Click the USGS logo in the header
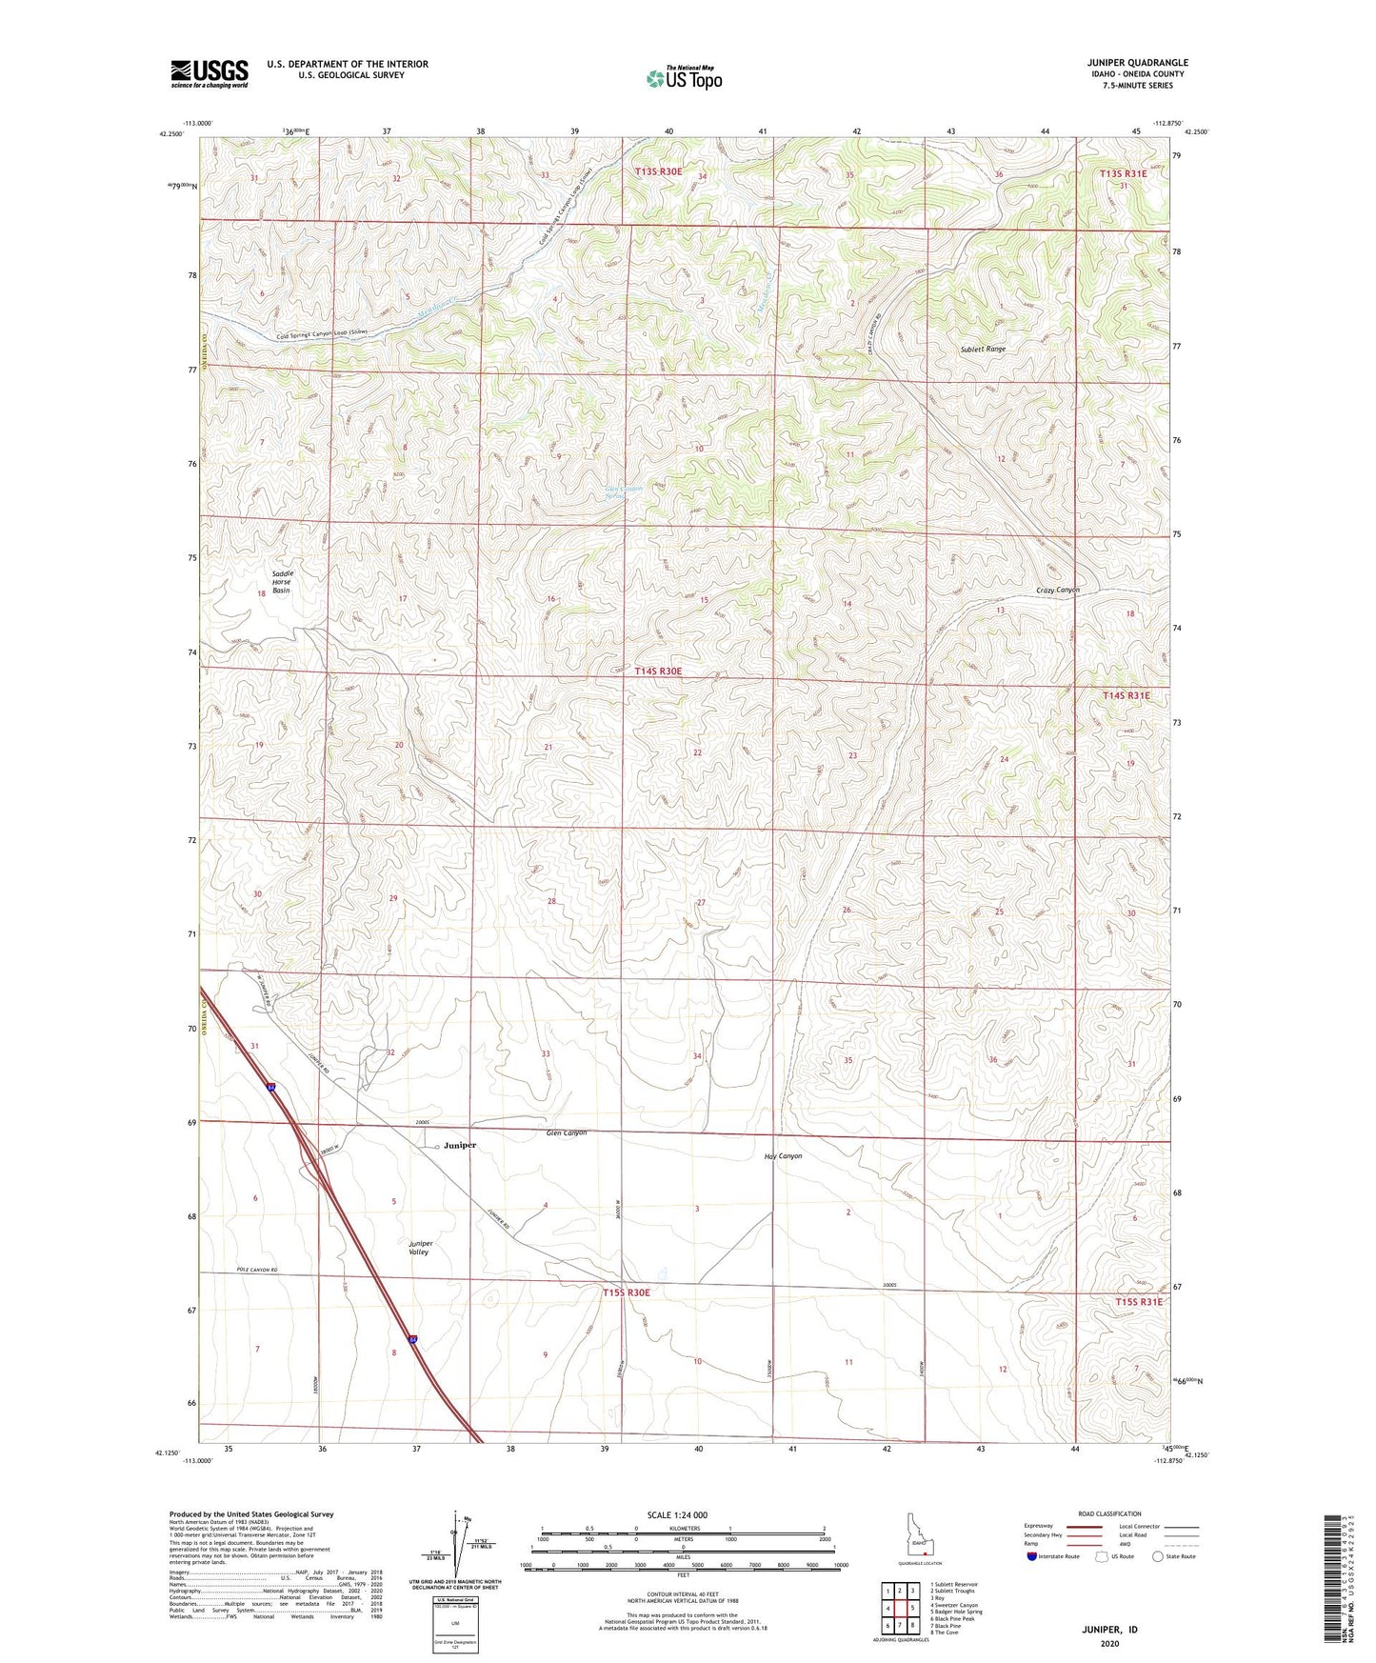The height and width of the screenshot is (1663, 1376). point(209,73)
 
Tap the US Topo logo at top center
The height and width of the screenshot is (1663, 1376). point(683,78)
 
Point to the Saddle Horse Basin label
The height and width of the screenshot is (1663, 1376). point(282,582)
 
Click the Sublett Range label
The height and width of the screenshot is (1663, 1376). point(983,350)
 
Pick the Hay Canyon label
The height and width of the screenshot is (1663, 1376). point(783,1156)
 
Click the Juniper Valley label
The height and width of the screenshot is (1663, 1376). point(420,1248)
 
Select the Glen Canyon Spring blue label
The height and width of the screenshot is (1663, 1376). point(624,492)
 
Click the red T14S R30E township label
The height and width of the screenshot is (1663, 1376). point(658,671)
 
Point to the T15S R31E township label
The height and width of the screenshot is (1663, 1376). point(1138,1301)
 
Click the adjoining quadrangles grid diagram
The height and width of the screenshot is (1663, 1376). point(899,1610)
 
